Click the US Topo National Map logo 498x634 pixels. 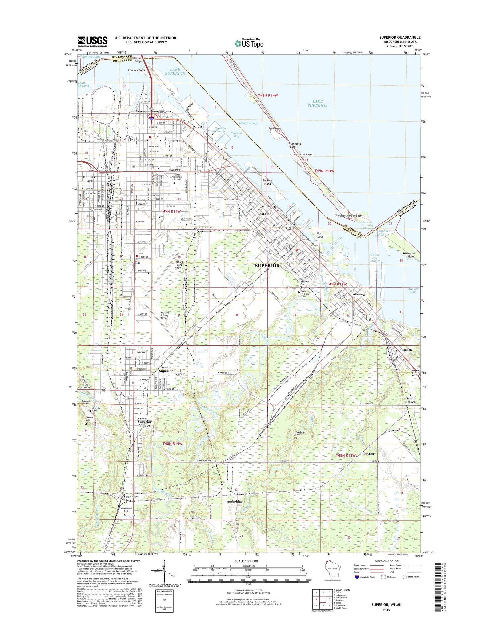(x=249, y=43)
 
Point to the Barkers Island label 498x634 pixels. (x=267, y=182)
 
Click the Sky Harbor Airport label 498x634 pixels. (x=303, y=154)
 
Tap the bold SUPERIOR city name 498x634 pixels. (x=267, y=266)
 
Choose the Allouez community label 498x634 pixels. (x=359, y=294)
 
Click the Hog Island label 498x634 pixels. (x=319, y=235)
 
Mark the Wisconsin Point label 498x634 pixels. (x=409, y=255)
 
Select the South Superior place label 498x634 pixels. (x=166, y=369)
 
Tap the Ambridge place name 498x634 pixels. (x=235, y=501)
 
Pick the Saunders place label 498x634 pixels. (x=131, y=497)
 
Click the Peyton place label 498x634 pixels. (x=369, y=454)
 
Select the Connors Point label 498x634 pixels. (x=137, y=70)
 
